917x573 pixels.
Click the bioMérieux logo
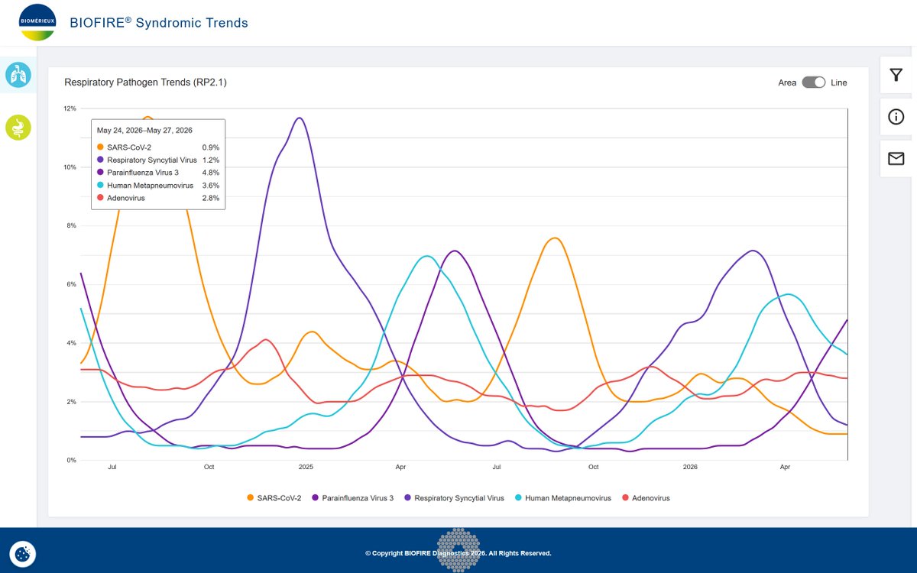point(37,22)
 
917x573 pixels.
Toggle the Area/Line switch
point(813,83)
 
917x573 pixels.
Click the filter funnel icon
point(896,75)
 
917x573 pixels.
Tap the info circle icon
point(896,117)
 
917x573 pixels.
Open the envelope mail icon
point(896,158)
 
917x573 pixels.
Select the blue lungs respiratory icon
point(18,75)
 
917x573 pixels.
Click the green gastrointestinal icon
point(18,128)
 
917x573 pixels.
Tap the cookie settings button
point(22,554)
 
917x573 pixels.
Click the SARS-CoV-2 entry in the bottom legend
point(274,497)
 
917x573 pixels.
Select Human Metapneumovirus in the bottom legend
point(563,497)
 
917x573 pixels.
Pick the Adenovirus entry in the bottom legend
point(646,497)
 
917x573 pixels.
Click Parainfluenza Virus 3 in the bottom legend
point(352,497)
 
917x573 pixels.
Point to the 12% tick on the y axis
point(70,108)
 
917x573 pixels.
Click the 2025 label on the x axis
point(306,467)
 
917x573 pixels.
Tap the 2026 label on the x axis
point(690,467)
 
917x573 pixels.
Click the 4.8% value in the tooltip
point(210,173)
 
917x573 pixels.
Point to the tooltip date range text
point(144,130)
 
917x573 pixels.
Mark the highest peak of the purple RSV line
point(300,118)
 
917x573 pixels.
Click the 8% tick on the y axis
point(71,225)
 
